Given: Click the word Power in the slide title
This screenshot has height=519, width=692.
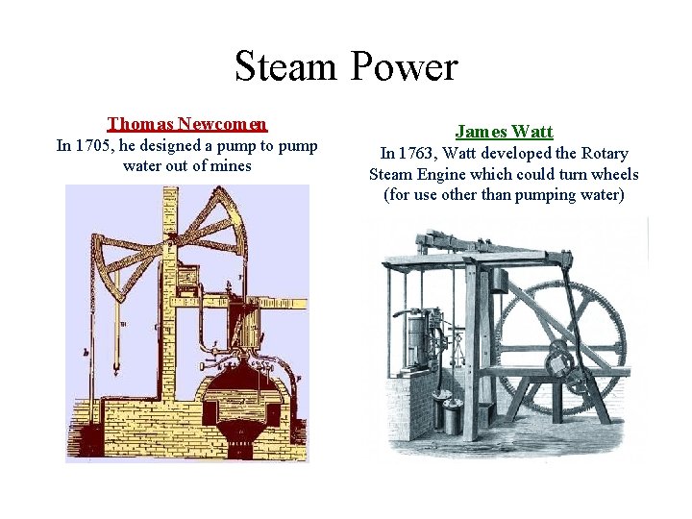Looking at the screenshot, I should coord(407,67).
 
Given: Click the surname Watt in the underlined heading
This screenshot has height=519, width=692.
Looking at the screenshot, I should coord(532,131).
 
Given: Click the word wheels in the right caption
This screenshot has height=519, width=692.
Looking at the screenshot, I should coord(611,175).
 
